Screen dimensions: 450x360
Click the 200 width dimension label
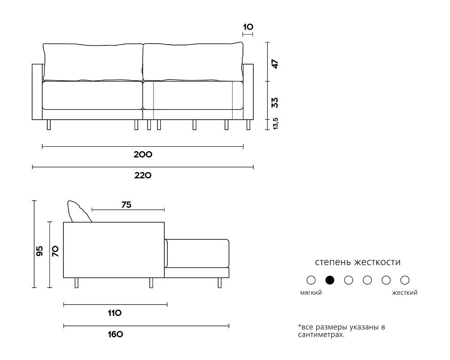pos(143,154)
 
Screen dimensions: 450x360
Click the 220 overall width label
pos(143,175)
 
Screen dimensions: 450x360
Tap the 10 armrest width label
pos(248,27)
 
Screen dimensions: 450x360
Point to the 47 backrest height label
pos(275,64)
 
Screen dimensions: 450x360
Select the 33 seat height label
pos(275,103)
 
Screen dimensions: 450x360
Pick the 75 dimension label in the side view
pos(126,205)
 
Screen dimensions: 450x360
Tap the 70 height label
pos(55,251)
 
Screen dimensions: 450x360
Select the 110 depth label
pos(115,313)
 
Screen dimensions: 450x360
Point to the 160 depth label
pos(115,334)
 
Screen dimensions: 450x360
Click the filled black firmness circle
pos(330,280)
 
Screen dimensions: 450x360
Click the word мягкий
pos(311,293)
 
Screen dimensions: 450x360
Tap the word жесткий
pos(405,293)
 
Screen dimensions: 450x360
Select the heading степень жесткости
pos(358,262)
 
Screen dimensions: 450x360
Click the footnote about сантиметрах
pos(342,331)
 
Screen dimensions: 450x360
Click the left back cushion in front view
pos(93,62)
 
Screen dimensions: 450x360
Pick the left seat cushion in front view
pos(92,95)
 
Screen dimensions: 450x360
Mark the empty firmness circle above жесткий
pos(405,280)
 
